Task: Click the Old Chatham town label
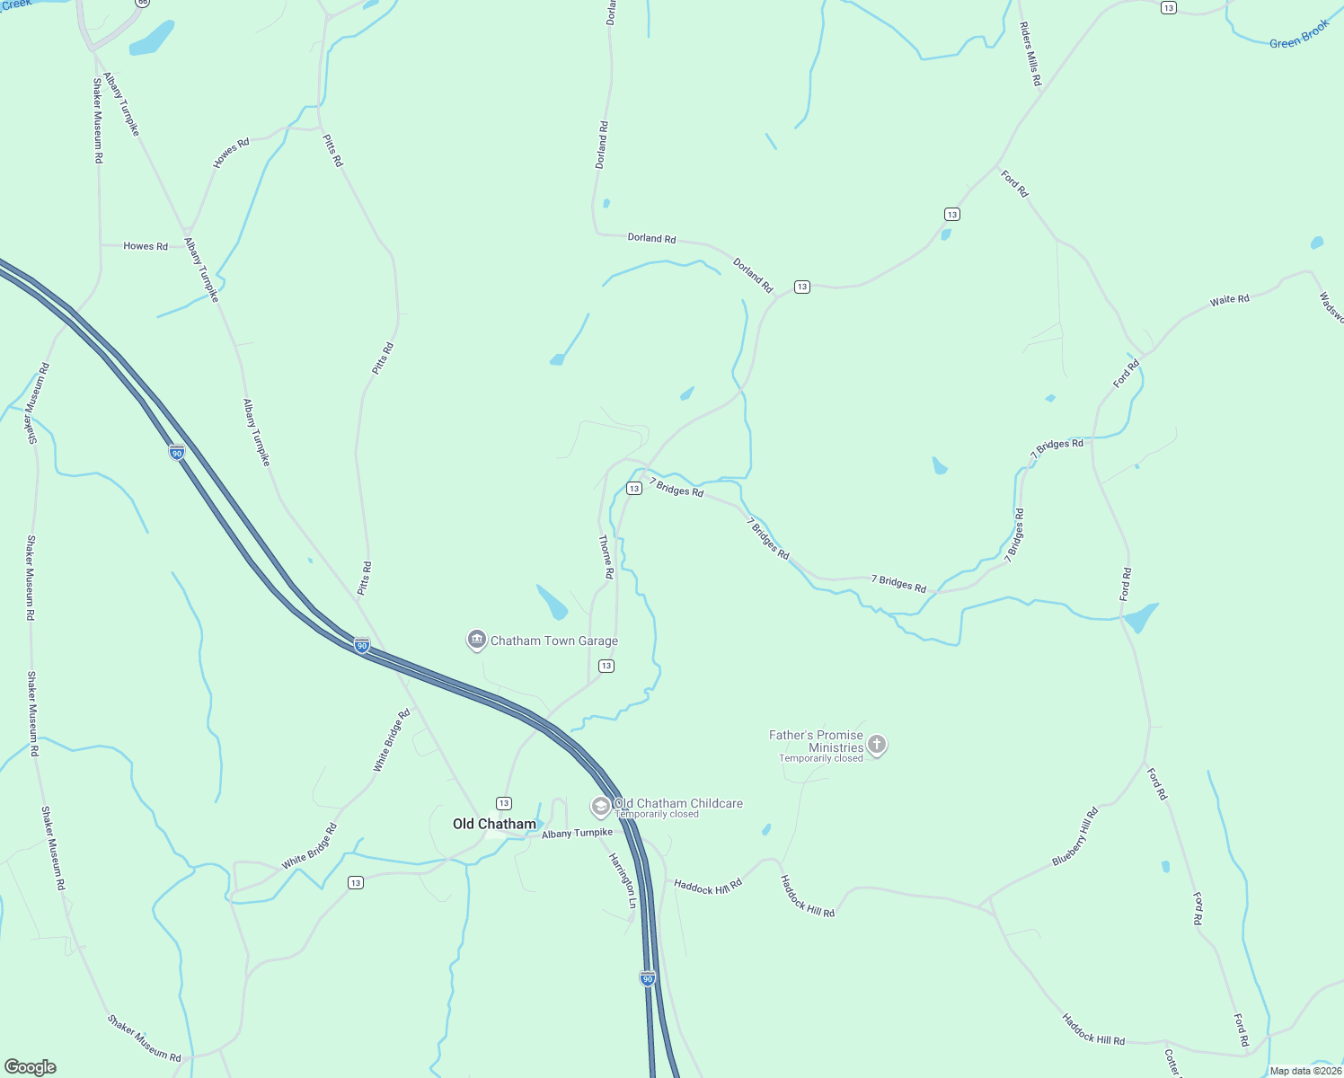[494, 824]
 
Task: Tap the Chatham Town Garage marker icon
[476, 640]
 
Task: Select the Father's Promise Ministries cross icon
[877, 745]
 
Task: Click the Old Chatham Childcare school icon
[600, 806]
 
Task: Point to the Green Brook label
[1298, 35]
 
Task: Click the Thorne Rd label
[606, 556]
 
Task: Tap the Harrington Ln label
[623, 880]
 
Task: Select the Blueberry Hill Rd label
[1075, 836]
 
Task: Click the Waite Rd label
[1229, 300]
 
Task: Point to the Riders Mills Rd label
[1030, 54]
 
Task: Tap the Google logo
[30, 1067]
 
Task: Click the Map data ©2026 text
[1304, 1071]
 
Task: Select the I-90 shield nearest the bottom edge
[648, 977]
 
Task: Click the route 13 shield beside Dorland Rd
[802, 287]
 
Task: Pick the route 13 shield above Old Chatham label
[504, 803]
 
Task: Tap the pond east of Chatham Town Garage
[552, 601]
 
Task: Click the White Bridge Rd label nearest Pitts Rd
[392, 740]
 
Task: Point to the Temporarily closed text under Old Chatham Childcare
[657, 815]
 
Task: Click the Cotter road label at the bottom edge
[1172, 1063]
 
